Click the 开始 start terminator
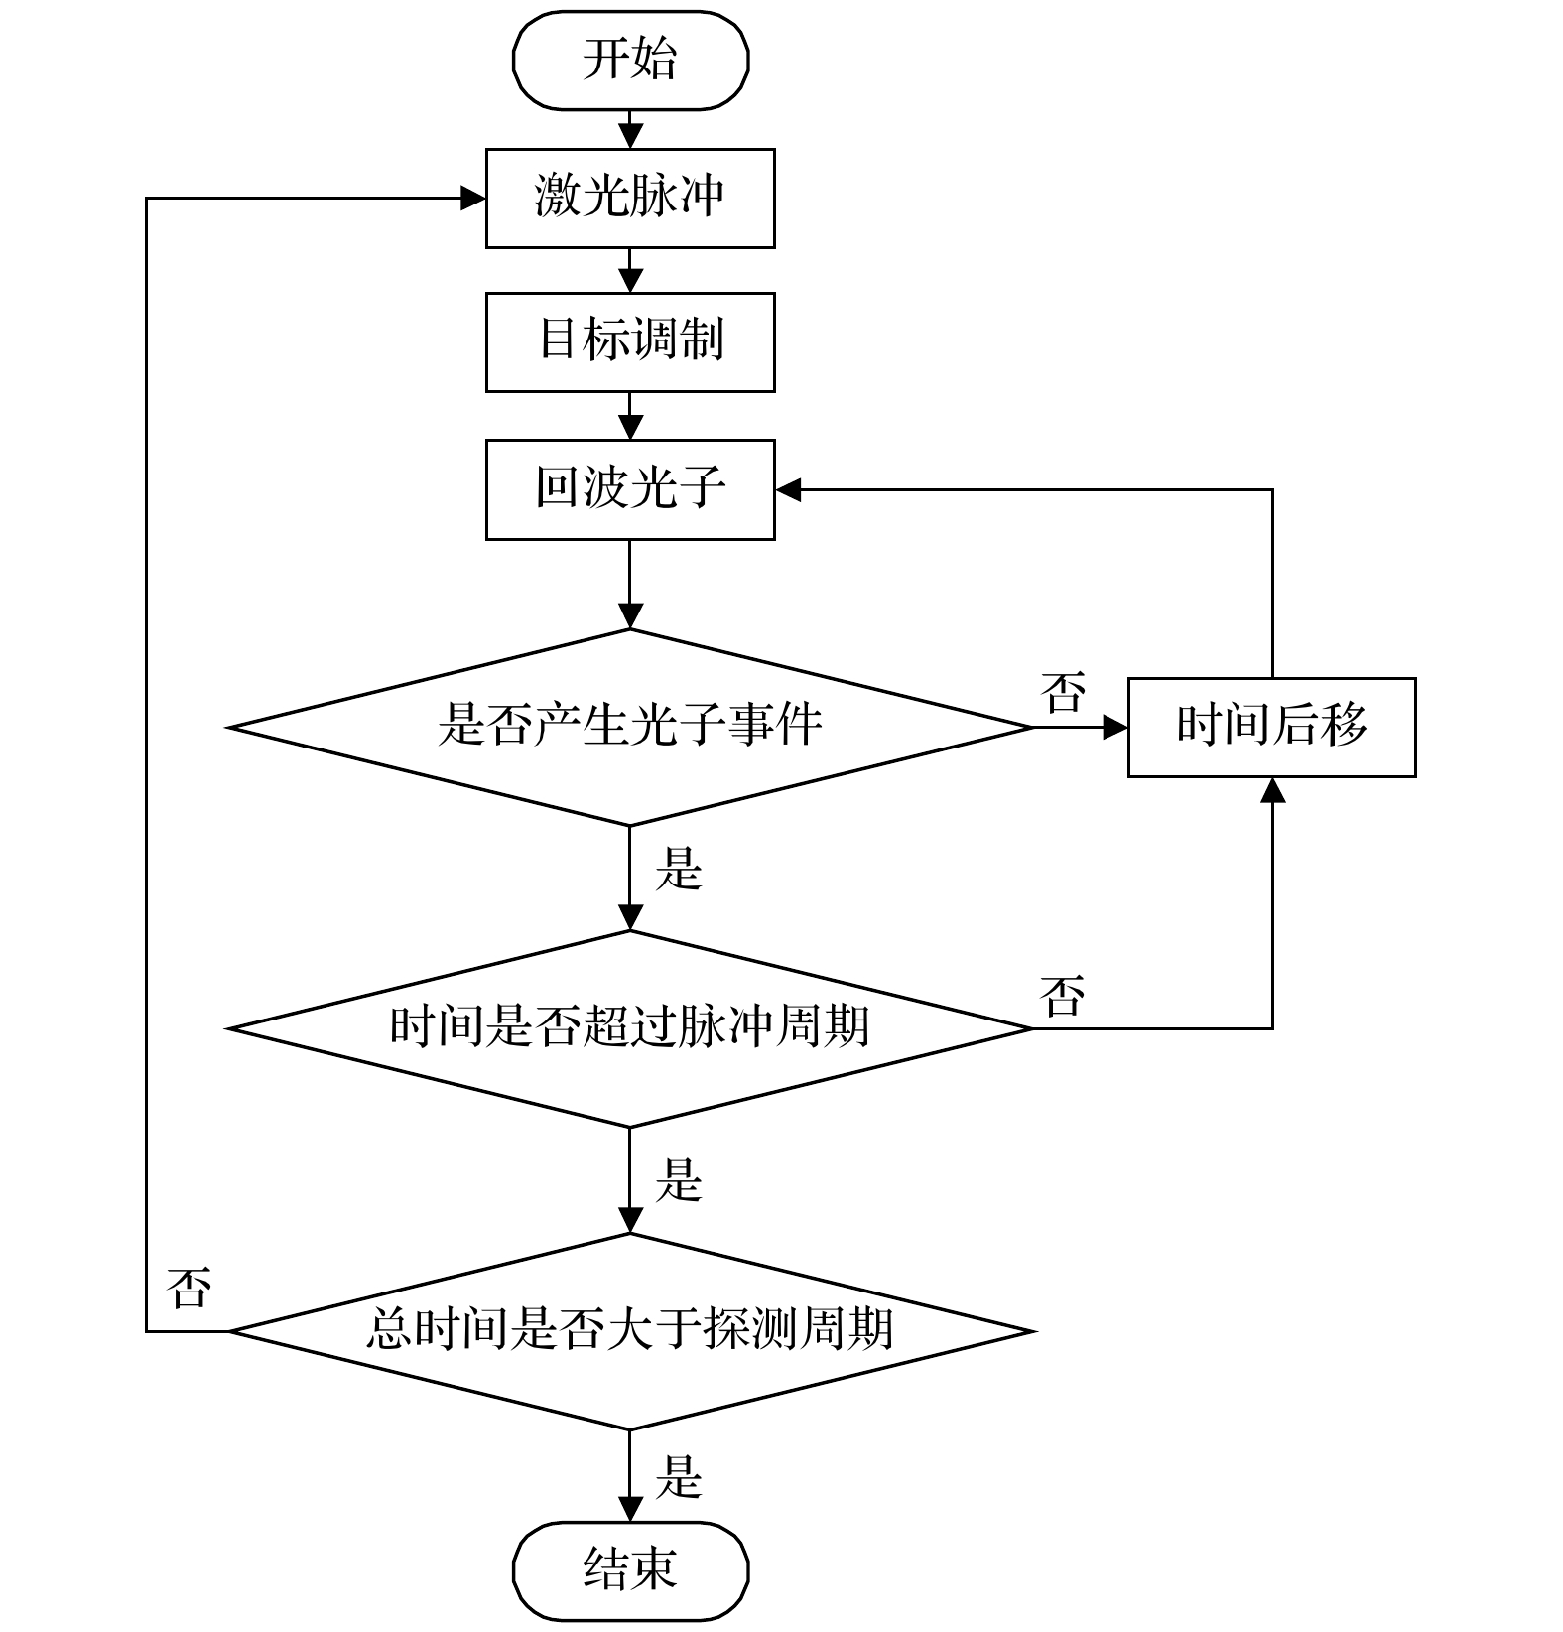(x=630, y=60)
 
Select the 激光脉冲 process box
(x=630, y=198)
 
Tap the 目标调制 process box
(x=630, y=341)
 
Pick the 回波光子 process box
(x=630, y=490)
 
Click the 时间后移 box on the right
(x=1271, y=727)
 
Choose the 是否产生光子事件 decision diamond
(x=630, y=727)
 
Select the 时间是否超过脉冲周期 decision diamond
(x=630, y=1028)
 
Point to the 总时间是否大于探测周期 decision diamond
(x=630, y=1331)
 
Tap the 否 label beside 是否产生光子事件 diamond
(x=1063, y=692)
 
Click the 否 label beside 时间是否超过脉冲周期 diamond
(x=1063, y=995)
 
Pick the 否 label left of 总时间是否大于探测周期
(x=189, y=1288)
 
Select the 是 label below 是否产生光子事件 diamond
(x=679, y=870)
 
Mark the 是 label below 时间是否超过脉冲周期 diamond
(x=679, y=1180)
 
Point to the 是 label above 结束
(x=679, y=1476)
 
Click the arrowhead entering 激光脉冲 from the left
(x=474, y=198)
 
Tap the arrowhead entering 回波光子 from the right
(x=788, y=490)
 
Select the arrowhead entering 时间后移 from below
(x=1272, y=789)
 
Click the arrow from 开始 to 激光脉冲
(x=630, y=129)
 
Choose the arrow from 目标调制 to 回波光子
(x=630, y=415)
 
